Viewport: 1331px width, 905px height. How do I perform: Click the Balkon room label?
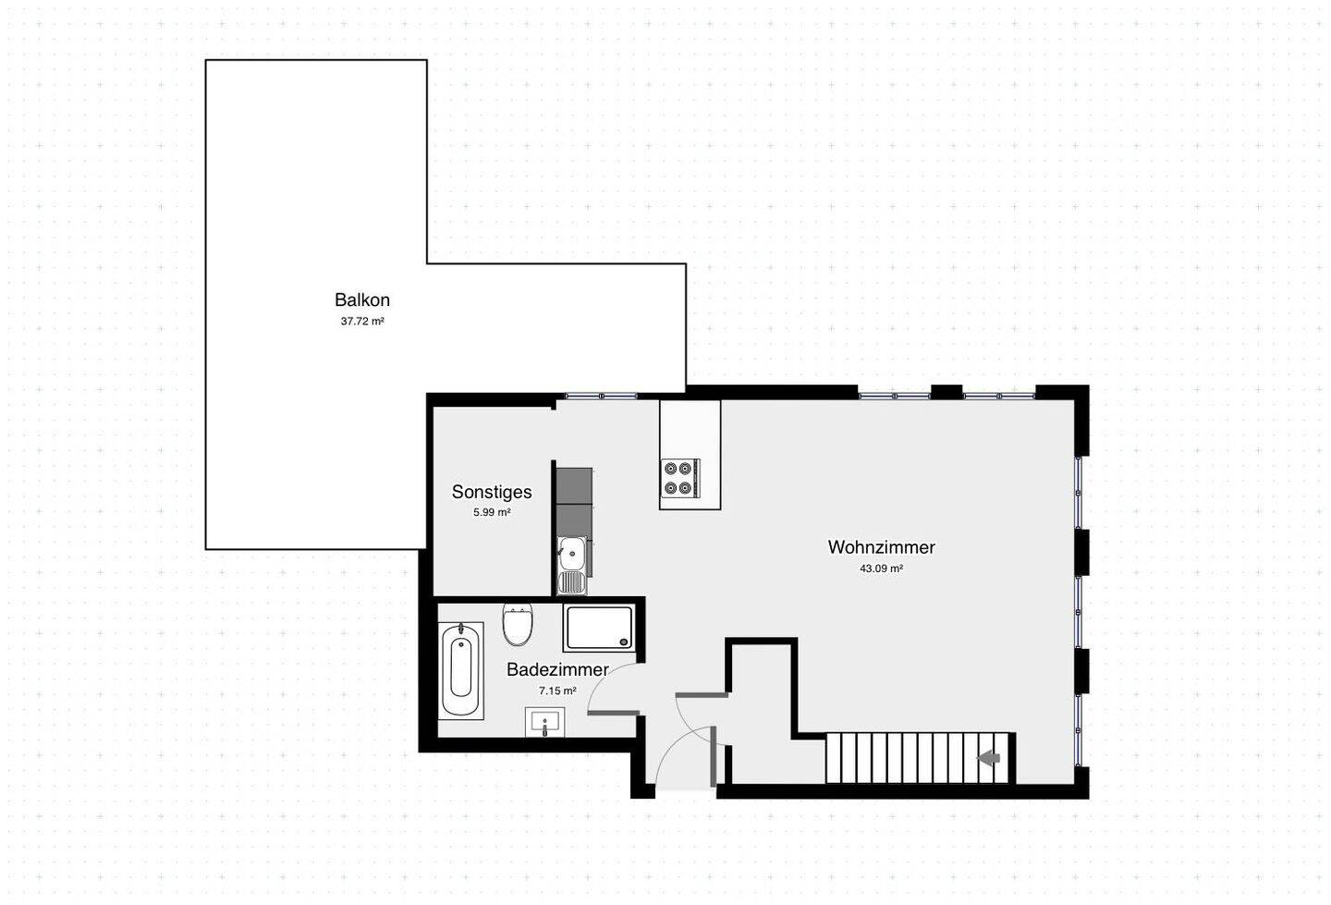click(x=362, y=300)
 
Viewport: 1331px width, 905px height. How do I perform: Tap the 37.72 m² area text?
click(x=362, y=322)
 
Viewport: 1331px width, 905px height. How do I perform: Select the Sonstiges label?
click(x=491, y=492)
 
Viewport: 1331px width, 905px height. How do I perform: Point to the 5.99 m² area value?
click(x=492, y=512)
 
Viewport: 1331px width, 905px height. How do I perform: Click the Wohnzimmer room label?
click(x=881, y=547)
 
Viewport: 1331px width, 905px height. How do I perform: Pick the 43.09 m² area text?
click(x=881, y=569)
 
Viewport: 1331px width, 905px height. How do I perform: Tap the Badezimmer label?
click(x=557, y=669)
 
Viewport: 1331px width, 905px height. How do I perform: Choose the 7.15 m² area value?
click(x=557, y=691)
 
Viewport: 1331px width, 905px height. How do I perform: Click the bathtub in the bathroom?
click(x=462, y=670)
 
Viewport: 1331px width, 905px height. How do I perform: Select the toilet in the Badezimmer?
click(x=518, y=626)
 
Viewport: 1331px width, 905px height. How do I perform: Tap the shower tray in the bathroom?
click(x=599, y=627)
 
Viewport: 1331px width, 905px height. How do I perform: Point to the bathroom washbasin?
click(x=545, y=722)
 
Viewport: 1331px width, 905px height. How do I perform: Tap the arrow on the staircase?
click(x=988, y=758)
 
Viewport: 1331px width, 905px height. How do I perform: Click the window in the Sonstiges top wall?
click(x=600, y=396)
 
